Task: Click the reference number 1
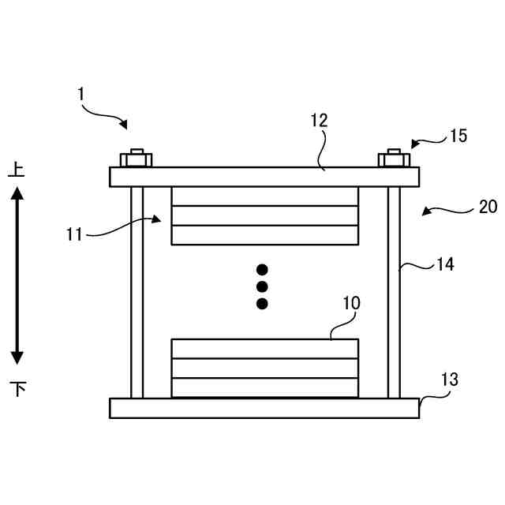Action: tap(80, 94)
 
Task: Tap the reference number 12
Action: tap(318, 121)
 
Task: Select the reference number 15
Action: tap(458, 136)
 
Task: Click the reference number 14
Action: tap(445, 265)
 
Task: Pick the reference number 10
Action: tap(351, 302)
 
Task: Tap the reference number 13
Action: tap(448, 380)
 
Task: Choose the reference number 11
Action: tap(74, 234)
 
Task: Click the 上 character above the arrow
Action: tap(17, 169)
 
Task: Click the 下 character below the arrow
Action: tap(17, 388)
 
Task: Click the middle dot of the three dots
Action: tap(263, 286)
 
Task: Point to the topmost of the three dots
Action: tap(263, 269)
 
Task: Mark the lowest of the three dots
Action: tap(263, 304)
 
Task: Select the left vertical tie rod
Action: tap(137, 292)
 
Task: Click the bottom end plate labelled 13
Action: tap(264, 408)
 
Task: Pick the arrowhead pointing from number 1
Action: tap(123, 125)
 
